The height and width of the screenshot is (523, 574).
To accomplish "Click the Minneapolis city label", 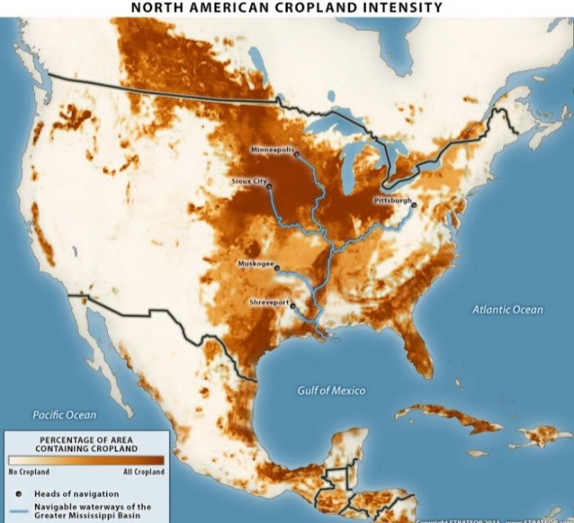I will point(273,150).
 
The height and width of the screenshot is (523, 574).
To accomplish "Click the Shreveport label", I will point(269,303).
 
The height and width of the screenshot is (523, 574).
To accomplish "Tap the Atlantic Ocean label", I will point(507,309).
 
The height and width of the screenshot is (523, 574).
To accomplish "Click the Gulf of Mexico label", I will point(331,391).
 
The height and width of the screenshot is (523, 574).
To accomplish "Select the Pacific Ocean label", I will point(64,415).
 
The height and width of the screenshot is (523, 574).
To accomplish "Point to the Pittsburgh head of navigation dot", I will point(415,205).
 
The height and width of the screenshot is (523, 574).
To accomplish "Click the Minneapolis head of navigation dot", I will point(297,155).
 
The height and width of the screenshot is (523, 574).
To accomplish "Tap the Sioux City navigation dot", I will point(269,187).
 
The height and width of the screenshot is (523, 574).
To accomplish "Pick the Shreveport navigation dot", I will point(293,306).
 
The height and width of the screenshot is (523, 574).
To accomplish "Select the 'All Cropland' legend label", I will point(145,472).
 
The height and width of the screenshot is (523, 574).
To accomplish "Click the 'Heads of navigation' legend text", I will point(76,494).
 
